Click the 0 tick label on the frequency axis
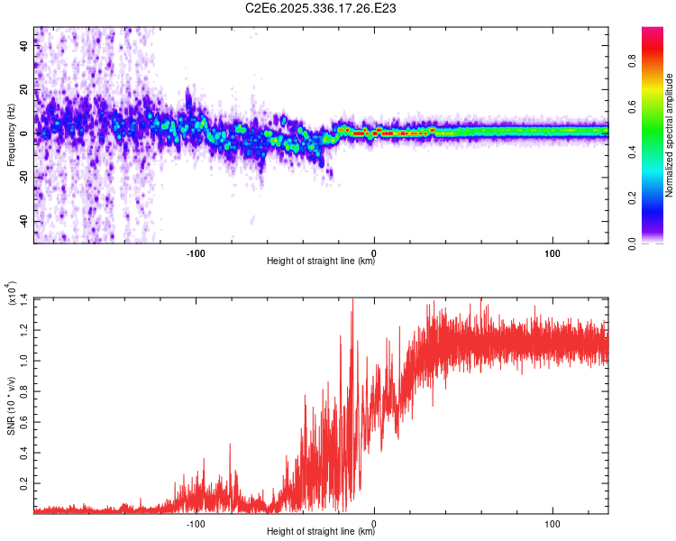click(23, 133)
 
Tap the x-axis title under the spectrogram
click(321, 261)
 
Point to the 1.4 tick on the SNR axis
click(23, 298)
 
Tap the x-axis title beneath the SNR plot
click(321, 532)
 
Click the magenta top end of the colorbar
click(653, 32)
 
